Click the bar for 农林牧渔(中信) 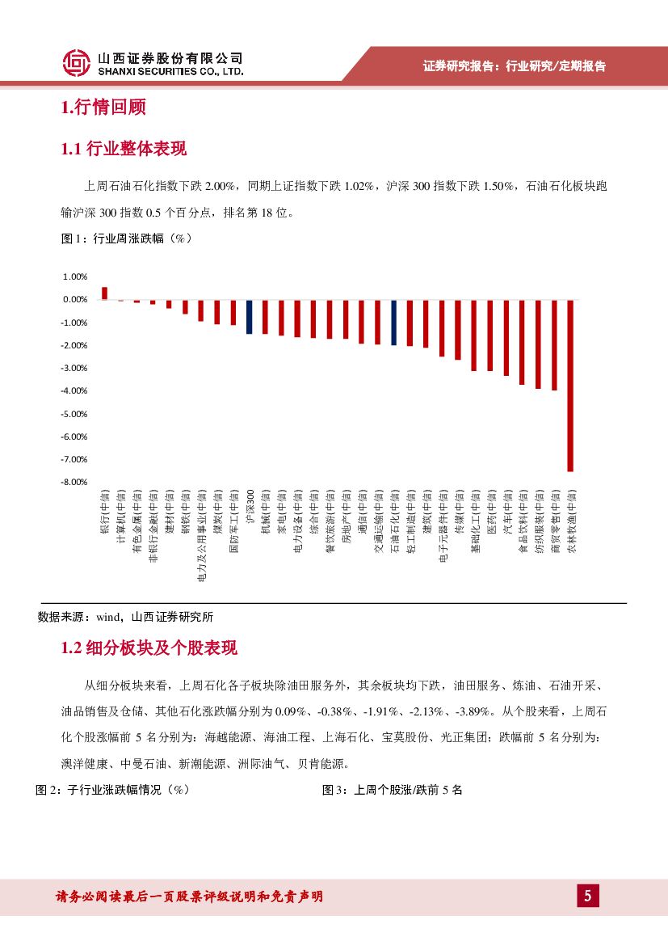[570, 385]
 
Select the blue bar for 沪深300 [250, 316]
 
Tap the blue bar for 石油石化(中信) [394, 322]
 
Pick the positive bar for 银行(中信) [104, 293]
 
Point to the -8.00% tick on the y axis [74, 482]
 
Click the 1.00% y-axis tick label [74, 276]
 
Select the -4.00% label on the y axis [74, 390]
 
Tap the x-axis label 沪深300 [250, 508]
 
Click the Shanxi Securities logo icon [77, 62]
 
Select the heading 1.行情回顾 [103, 107]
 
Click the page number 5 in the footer [587, 896]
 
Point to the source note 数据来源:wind [125, 616]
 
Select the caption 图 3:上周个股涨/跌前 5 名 [392, 790]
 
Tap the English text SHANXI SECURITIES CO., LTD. [170, 71]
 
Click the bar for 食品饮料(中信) [523, 342]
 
